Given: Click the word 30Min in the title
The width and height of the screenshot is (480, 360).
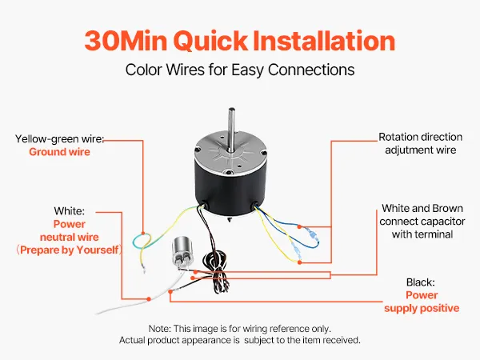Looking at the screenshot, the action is coord(126,41).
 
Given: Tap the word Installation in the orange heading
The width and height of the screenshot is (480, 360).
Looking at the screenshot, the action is coord(324,41).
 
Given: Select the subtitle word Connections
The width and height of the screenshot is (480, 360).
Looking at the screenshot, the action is coord(311,70).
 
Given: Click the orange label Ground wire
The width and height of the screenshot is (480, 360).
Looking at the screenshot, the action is coord(60,152).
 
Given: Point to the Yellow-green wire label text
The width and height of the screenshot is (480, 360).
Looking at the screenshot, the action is coord(60,139).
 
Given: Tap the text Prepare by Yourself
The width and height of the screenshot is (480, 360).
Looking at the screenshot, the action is coord(69,250).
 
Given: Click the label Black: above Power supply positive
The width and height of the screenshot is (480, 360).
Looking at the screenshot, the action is coord(420,282).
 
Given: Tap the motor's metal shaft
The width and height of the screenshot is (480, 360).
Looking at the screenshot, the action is coord(232,129).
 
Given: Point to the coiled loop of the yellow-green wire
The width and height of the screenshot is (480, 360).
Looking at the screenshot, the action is coord(142,241).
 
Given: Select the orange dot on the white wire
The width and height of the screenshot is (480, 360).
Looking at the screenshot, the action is coord(149,298).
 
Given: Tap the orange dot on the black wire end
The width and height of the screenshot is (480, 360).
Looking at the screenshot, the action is coord(170,292).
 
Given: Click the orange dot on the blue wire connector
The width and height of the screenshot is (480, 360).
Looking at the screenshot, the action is coord(299,227).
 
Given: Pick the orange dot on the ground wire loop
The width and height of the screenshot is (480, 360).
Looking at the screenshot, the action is coord(143,234).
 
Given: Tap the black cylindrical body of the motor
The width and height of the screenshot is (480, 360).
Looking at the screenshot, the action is coord(231,190).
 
